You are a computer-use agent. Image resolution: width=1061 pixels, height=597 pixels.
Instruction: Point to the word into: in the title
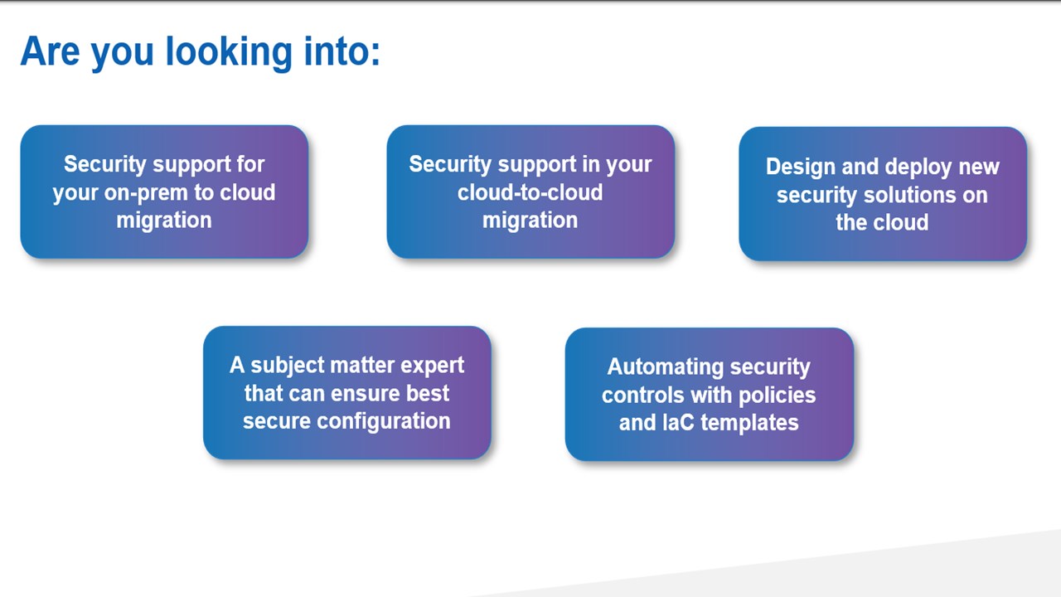coord(338,51)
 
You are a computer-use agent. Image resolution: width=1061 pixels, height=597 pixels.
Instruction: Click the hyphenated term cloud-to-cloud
coord(530,192)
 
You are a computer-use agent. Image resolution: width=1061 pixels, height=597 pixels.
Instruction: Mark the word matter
coord(362,366)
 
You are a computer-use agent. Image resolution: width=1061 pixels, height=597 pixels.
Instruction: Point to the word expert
coord(433,366)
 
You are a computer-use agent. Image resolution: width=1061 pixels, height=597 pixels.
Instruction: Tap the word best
coord(429,393)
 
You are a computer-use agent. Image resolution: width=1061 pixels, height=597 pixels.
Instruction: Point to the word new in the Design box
coord(979,167)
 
